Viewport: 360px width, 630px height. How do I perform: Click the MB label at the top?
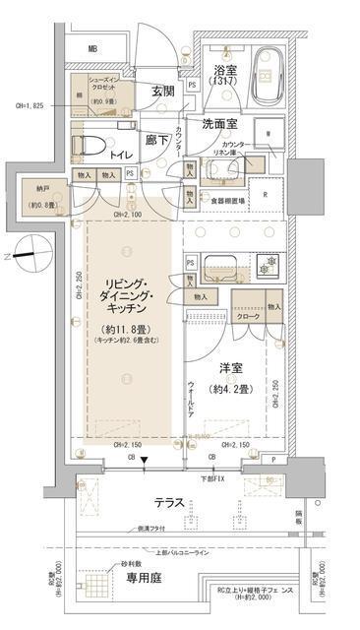click(x=92, y=48)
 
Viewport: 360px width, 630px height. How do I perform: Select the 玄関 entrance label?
click(x=162, y=92)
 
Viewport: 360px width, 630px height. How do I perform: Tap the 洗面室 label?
click(x=221, y=125)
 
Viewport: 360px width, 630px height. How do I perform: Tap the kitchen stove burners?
click(x=265, y=266)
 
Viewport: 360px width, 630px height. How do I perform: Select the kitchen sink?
click(x=216, y=266)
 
